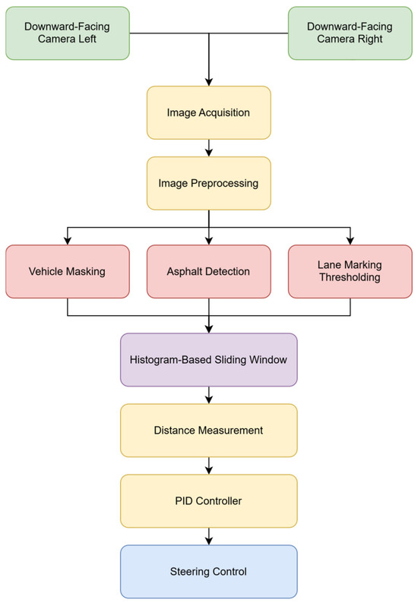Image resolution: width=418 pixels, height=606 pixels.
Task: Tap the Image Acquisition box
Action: coord(208,112)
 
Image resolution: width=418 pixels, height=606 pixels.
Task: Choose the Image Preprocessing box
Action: coord(208,183)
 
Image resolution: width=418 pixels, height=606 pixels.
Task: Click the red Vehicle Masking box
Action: coord(67,270)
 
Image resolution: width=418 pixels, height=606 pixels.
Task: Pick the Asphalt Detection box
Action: coord(208,270)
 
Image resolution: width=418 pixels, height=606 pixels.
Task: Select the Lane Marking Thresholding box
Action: coord(350,270)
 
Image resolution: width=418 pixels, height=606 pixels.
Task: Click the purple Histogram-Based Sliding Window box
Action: coord(208,359)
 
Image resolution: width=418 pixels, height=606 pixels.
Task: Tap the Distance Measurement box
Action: coord(208,430)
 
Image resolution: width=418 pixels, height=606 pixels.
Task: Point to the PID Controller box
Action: coord(208,500)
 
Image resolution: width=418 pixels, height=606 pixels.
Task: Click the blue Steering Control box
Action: coord(208,571)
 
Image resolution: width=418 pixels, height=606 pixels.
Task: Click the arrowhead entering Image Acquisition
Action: coord(208,81)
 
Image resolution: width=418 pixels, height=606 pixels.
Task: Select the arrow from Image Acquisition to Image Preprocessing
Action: coord(208,148)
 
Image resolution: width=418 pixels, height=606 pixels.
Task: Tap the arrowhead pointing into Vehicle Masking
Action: coord(67,240)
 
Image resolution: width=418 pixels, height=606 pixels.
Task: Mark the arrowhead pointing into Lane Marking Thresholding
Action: coord(350,240)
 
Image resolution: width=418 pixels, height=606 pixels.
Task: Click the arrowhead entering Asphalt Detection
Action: coord(208,240)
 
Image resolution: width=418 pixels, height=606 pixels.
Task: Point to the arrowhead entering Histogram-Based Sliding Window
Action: coord(208,329)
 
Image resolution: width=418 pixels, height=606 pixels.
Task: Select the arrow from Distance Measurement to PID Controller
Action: coord(208,466)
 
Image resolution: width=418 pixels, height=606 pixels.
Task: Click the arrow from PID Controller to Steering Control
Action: coord(208,536)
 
